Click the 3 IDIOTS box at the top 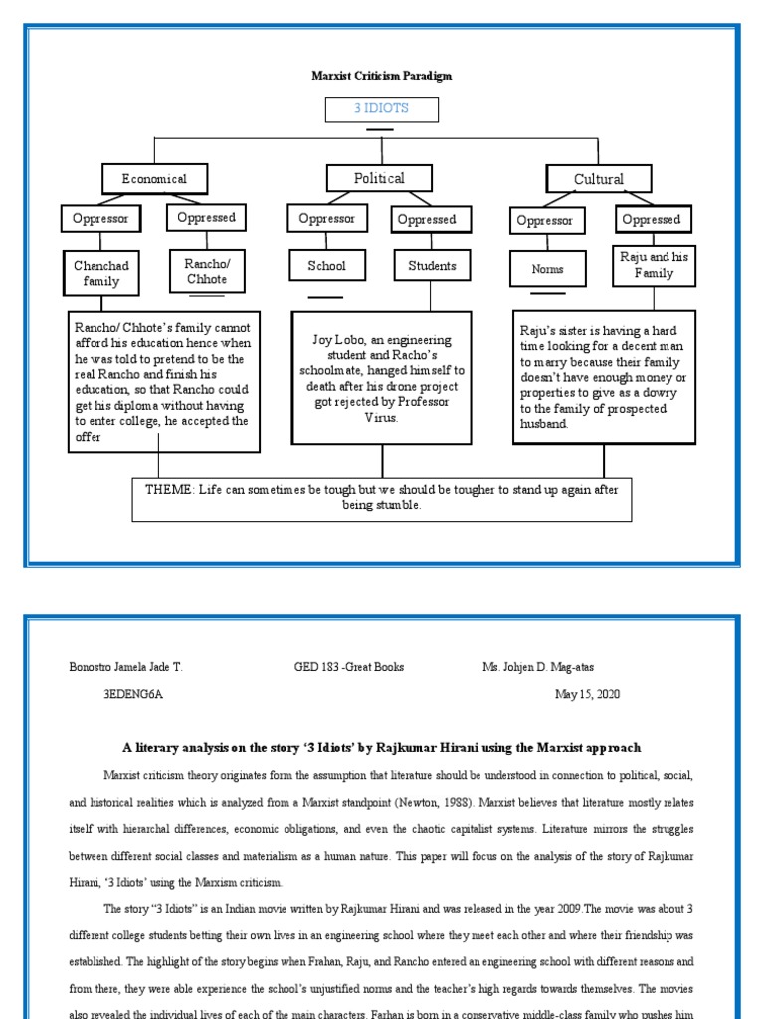(x=381, y=109)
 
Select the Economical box (x=154, y=179)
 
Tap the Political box (x=380, y=178)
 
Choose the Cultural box (x=599, y=179)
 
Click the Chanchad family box (x=101, y=273)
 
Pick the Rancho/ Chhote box (x=206, y=271)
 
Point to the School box (x=326, y=266)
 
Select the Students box (x=432, y=266)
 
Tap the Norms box (x=547, y=269)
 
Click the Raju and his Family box (x=654, y=265)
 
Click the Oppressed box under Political (x=427, y=219)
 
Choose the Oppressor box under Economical (x=100, y=219)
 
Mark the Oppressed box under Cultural (x=652, y=220)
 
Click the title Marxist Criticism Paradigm (x=382, y=76)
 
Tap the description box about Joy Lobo (x=382, y=377)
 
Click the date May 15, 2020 (x=587, y=695)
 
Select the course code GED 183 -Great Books (x=349, y=667)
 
